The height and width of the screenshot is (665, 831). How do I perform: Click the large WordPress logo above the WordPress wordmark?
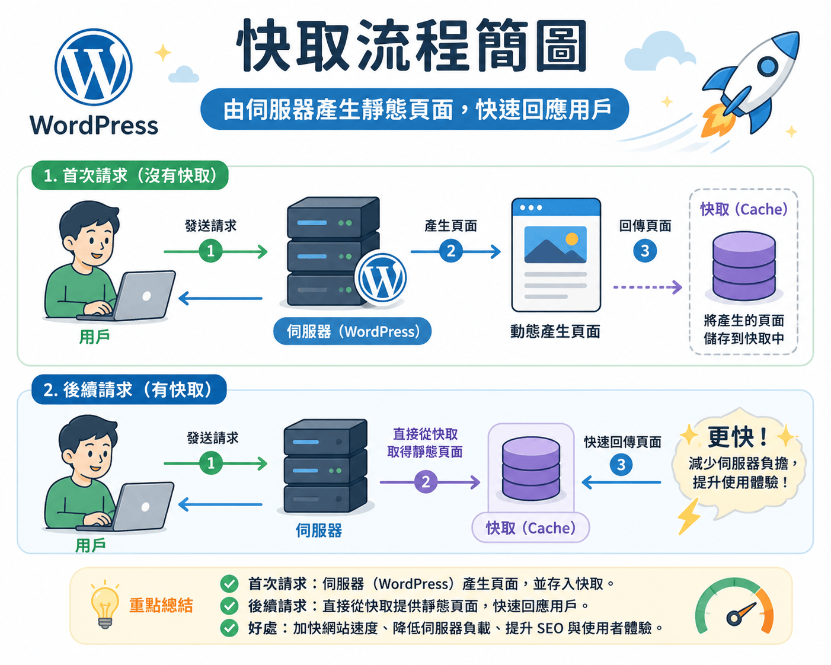click(94, 67)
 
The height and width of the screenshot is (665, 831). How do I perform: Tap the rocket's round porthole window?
click(768, 66)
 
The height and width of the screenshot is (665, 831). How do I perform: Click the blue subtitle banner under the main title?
click(414, 109)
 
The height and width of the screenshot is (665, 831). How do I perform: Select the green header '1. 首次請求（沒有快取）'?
click(130, 175)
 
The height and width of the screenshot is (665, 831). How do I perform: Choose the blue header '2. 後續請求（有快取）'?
click(129, 389)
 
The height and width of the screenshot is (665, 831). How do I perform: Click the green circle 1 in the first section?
click(210, 251)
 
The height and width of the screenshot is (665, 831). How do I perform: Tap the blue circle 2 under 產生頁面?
click(450, 251)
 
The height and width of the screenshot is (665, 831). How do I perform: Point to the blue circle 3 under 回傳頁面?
click(645, 251)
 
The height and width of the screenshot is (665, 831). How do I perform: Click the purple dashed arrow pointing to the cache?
click(648, 287)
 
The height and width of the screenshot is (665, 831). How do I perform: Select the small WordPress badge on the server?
click(381, 278)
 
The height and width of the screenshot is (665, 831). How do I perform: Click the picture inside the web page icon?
click(555, 244)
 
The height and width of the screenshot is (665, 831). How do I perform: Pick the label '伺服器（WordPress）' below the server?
click(352, 331)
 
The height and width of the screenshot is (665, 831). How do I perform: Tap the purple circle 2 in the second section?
click(426, 482)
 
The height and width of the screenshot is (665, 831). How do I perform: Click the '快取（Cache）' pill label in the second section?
click(530, 527)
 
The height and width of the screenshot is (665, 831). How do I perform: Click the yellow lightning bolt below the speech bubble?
click(689, 516)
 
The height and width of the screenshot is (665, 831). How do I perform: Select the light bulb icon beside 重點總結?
click(105, 605)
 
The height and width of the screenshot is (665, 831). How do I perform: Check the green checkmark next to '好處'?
click(229, 628)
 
